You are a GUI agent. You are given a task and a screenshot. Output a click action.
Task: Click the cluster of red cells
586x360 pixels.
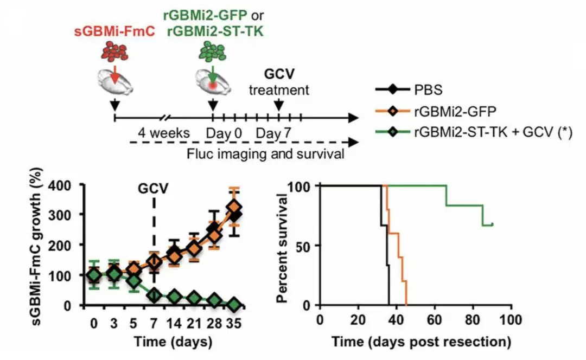[x=115, y=52]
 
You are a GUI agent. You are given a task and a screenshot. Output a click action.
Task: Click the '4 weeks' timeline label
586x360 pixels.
[x=163, y=133]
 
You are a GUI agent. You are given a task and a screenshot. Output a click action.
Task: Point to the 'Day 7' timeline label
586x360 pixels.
[x=270, y=133]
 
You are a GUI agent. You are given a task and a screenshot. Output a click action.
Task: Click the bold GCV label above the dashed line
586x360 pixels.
[x=154, y=189]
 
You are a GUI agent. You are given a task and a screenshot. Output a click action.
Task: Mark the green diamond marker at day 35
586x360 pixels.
[x=234, y=304]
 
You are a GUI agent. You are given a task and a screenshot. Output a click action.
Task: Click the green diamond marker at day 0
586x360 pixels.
[x=94, y=276]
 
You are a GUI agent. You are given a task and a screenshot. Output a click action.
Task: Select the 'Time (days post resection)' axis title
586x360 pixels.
[x=421, y=342]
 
